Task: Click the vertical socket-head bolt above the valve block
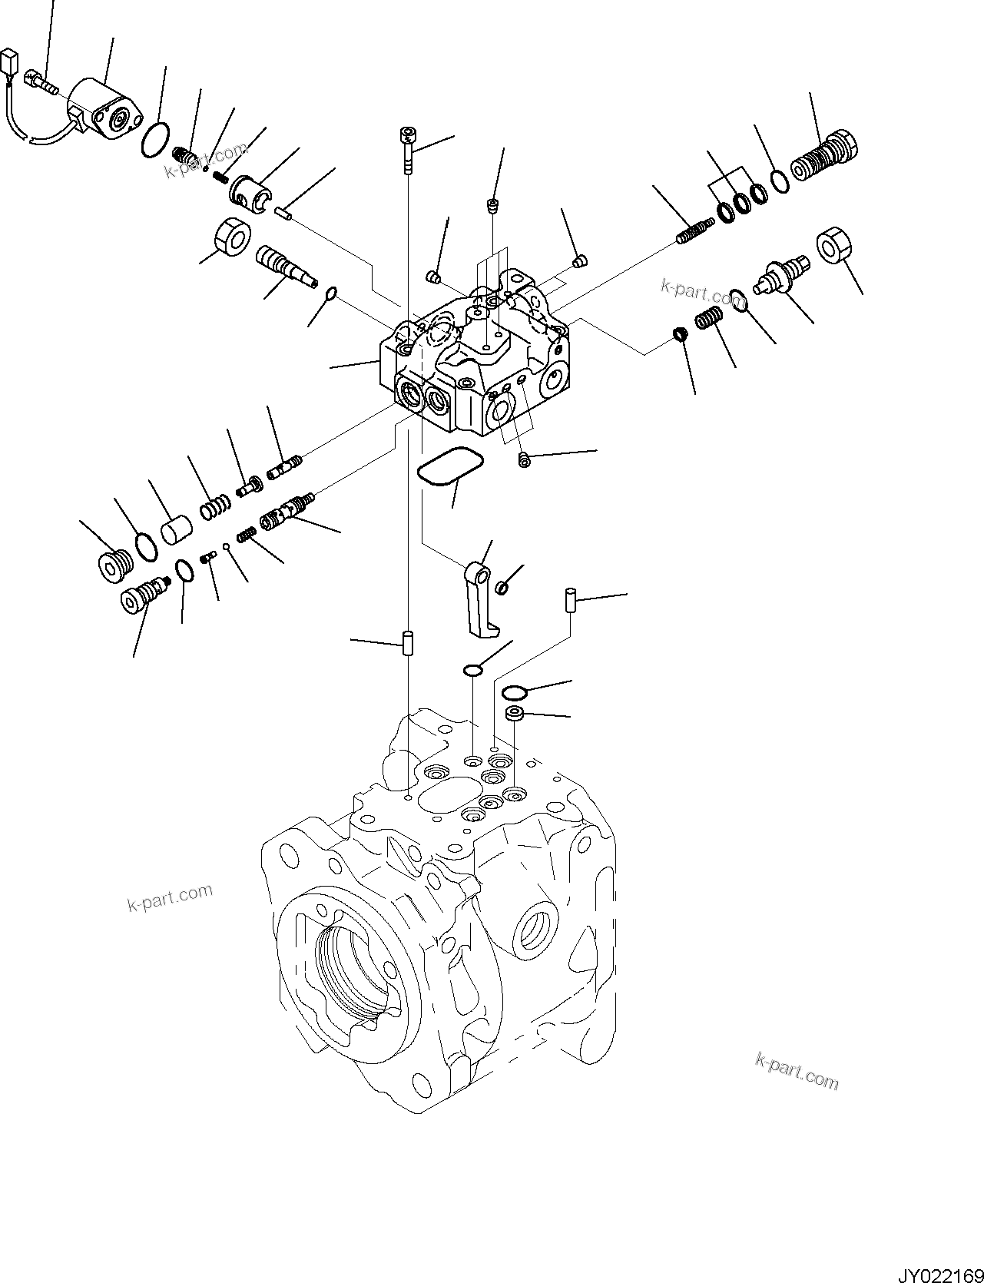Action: click(x=406, y=151)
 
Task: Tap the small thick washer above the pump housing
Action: click(x=515, y=714)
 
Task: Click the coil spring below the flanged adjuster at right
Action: click(x=710, y=317)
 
